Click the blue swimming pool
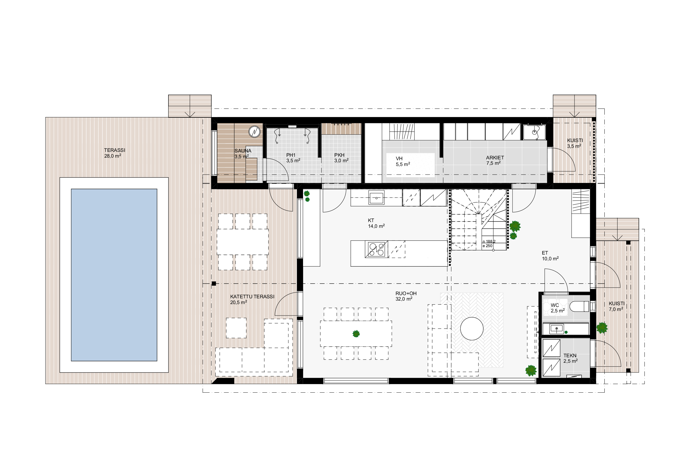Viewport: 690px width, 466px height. (x=114, y=275)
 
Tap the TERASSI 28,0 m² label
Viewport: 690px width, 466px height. (x=115, y=153)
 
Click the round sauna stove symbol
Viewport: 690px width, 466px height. (x=254, y=131)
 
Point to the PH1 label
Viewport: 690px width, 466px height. (x=291, y=155)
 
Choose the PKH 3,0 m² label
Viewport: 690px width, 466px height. (x=341, y=158)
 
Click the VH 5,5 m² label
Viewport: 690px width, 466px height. (x=403, y=161)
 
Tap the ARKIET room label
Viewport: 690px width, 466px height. (x=495, y=158)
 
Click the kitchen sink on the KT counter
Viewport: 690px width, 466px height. (x=376, y=198)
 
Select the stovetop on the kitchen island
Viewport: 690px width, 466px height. (x=376, y=249)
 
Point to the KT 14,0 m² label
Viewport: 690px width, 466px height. (x=376, y=223)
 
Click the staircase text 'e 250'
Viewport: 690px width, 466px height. (x=487, y=246)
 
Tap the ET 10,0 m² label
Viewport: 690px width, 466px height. (x=550, y=256)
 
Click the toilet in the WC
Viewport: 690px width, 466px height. (x=579, y=306)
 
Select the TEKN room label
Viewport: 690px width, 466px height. (x=570, y=356)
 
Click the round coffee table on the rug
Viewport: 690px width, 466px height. (x=472, y=329)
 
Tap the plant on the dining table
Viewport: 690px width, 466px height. (x=356, y=334)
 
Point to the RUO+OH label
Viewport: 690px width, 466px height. (x=406, y=293)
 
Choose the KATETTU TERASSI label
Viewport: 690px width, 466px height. (x=252, y=297)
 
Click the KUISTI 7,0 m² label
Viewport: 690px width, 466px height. (x=616, y=306)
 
